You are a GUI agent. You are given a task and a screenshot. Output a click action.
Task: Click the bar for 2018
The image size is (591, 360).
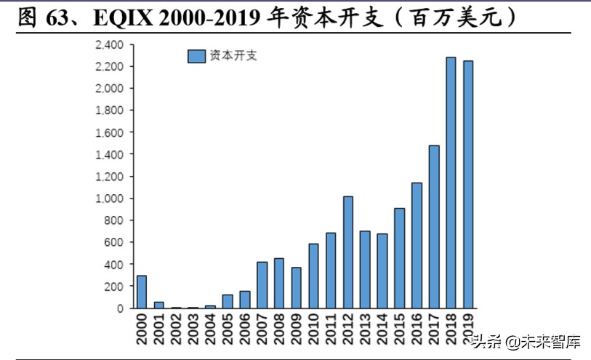(451, 183)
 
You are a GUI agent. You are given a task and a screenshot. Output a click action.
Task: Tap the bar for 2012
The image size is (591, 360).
(348, 252)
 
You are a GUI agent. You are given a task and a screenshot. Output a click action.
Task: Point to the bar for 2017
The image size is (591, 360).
(434, 226)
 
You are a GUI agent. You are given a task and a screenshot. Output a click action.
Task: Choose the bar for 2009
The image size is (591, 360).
(297, 287)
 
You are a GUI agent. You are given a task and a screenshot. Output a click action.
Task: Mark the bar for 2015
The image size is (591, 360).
(400, 257)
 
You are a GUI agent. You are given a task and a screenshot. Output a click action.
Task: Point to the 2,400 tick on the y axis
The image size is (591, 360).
(110, 45)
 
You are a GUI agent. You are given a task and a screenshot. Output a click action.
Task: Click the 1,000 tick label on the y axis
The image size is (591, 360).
(110, 199)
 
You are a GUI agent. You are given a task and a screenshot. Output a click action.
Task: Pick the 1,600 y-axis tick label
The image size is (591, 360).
(110, 132)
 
